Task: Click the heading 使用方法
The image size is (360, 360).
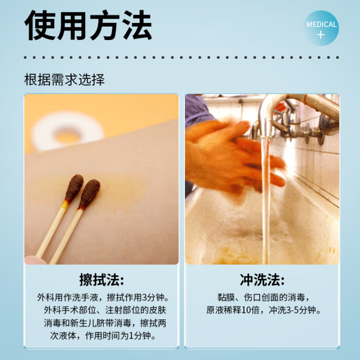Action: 88,26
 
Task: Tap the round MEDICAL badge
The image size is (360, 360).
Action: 321,28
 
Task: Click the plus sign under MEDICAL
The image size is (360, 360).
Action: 321,35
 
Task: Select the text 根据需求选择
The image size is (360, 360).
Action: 64,80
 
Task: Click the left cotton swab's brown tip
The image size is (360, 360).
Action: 74,186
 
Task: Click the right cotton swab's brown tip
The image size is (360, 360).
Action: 90,193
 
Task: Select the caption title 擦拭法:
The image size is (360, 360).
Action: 101,279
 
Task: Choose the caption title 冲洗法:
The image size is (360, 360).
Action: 262,279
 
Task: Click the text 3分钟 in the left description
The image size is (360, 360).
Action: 155,296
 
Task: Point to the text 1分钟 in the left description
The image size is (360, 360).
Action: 143,335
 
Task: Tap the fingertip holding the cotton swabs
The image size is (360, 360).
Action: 31,259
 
